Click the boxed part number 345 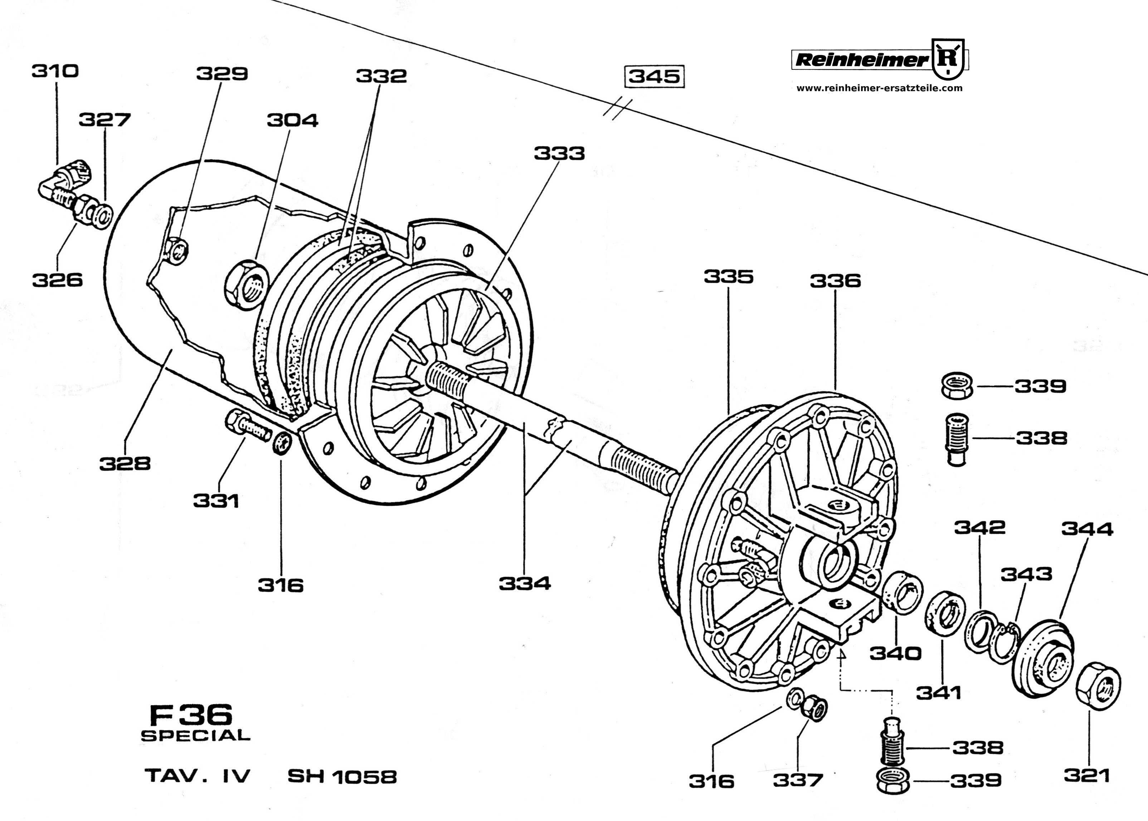pyautogui.click(x=655, y=77)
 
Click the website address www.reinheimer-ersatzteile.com pyautogui.click(x=880, y=88)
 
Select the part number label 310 pyautogui.click(x=55, y=71)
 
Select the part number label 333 pyautogui.click(x=559, y=153)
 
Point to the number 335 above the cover pyautogui.click(x=729, y=277)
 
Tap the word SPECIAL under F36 pyautogui.click(x=196, y=736)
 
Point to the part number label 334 pyautogui.click(x=525, y=584)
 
